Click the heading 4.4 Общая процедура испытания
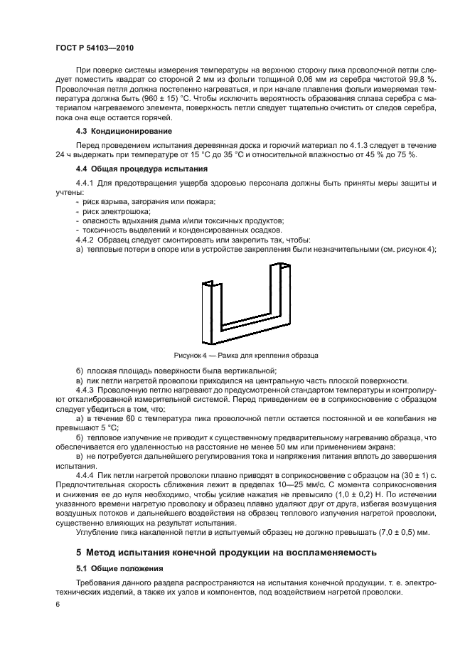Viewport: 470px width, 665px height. [132, 169]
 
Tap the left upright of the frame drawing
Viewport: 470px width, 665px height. [210, 310]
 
